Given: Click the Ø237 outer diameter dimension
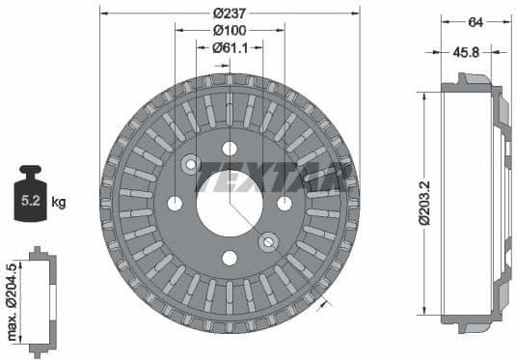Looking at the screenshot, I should [x=229, y=12].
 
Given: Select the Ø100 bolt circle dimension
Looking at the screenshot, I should [x=229, y=29].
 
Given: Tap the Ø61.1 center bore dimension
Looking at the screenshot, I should [x=229, y=46].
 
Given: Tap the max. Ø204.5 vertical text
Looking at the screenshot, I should [x=12, y=300].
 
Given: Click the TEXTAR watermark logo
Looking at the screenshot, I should [x=270, y=178].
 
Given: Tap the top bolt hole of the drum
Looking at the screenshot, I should [x=230, y=148].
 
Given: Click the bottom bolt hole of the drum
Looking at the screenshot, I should [x=230, y=258].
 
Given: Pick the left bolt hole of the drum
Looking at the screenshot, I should [x=175, y=203].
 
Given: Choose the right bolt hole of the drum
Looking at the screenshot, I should [x=285, y=203].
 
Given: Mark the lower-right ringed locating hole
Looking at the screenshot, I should [x=269, y=242].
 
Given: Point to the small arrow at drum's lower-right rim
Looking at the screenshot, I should [x=324, y=302].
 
